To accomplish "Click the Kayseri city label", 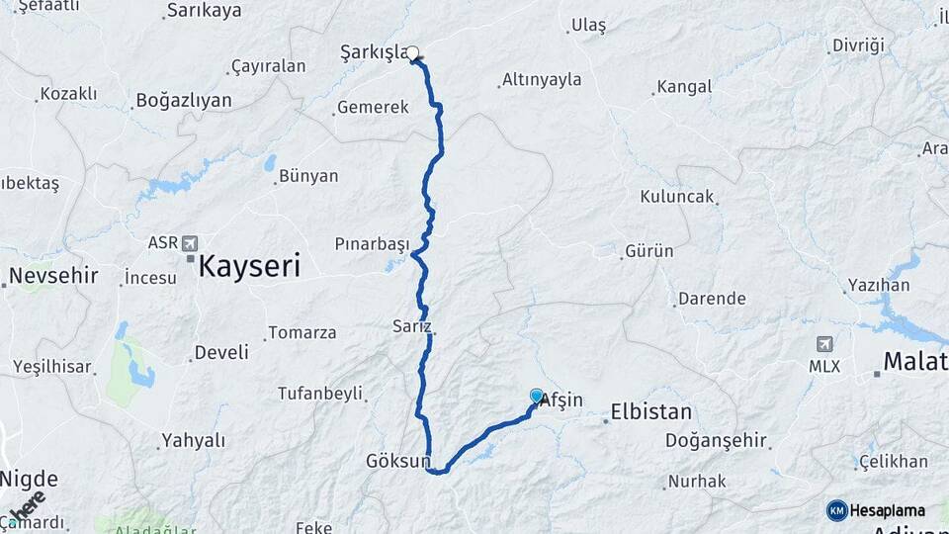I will pos(249,266).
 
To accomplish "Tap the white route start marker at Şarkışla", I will pos(413,54).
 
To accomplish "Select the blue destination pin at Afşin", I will pos(537,397).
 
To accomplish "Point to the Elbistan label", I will pos(651,411).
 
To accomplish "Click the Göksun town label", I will pos(398,461).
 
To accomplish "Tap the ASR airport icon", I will pos(190,242).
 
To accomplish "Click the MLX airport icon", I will pos(823,344).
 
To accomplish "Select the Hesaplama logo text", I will pos(888,510).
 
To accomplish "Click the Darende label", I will pos(711,298).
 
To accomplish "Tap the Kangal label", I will pos(684,87).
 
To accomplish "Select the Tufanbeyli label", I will pos(320,393).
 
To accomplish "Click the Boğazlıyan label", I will pos(184,100).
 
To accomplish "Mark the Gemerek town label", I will pos(373,107).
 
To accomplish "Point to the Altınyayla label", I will pos(542,79).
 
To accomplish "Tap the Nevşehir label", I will pos(54,275).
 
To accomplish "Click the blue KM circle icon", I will pos(837,510).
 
